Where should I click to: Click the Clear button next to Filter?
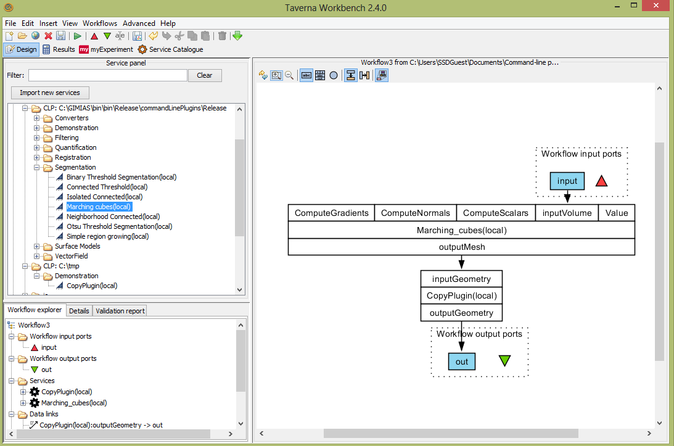point(204,75)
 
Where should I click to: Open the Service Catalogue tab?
point(170,49)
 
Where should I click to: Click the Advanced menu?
point(139,23)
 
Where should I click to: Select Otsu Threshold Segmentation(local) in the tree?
point(119,226)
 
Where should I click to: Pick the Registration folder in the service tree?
point(73,157)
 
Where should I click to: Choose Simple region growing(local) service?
point(107,236)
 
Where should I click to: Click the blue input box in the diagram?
point(567,181)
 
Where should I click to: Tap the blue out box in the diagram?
point(462,361)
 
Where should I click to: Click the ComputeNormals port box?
point(415,213)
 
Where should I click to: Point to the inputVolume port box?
point(566,213)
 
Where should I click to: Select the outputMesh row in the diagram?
point(461,247)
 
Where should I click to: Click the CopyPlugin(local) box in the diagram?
point(461,295)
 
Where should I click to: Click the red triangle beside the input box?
point(601,181)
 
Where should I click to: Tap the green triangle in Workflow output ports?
point(504,361)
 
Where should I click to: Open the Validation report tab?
point(120,310)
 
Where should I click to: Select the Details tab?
point(79,310)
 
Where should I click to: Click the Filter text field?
point(107,75)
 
